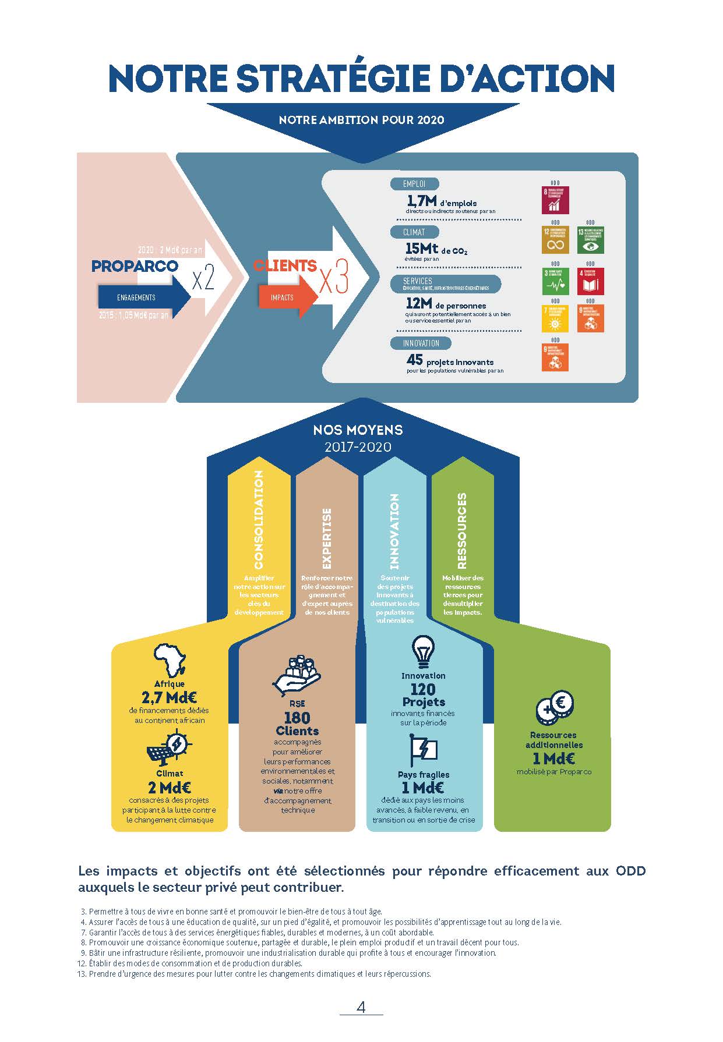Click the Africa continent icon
click(x=170, y=660)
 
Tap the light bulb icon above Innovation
click(x=423, y=651)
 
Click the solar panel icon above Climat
click(x=169, y=749)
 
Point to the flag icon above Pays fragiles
click(x=423, y=750)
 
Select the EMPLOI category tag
click(x=414, y=184)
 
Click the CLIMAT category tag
click(x=414, y=232)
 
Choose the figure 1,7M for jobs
click(x=422, y=201)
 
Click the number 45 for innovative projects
click(x=415, y=360)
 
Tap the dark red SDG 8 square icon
click(x=555, y=200)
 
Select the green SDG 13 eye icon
click(x=590, y=240)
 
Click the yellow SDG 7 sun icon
click(x=555, y=318)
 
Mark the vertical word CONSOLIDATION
click(x=259, y=520)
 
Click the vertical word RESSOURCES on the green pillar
click(x=462, y=530)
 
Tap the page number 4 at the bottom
click(x=361, y=1007)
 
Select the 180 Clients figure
click(x=297, y=724)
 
